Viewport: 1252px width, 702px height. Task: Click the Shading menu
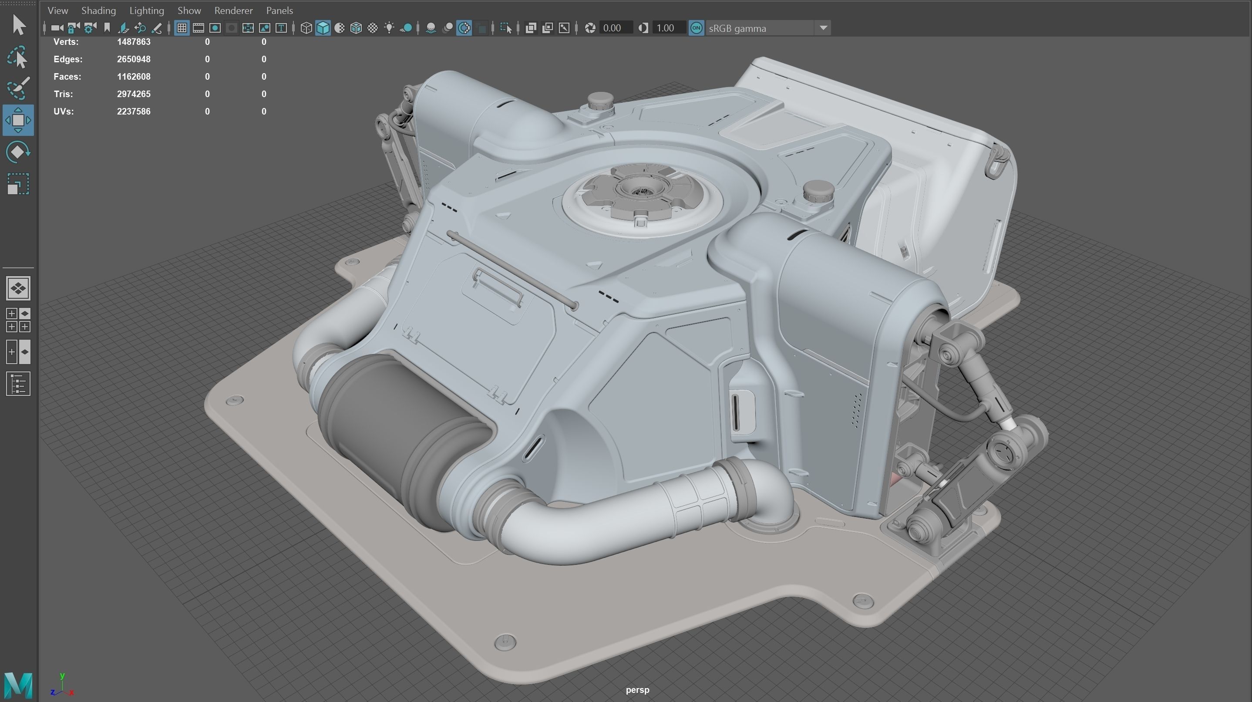[98, 10]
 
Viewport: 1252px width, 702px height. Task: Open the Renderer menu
[233, 10]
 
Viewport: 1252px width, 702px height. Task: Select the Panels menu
[279, 10]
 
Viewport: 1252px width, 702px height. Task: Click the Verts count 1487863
[134, 42]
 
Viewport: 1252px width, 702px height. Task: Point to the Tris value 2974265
[134, 94]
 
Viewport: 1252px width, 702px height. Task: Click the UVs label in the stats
[64, 111]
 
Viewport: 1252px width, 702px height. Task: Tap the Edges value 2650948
[134, 59]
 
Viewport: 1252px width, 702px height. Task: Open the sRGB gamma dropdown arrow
[823, 28]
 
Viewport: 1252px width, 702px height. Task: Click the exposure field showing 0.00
[614, 28]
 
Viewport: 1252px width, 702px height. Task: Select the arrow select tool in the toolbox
[18, 25]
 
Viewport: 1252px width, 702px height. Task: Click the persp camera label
[637, 689]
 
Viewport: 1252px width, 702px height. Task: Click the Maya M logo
[18, 685]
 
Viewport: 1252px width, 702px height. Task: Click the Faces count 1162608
[134, 77]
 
